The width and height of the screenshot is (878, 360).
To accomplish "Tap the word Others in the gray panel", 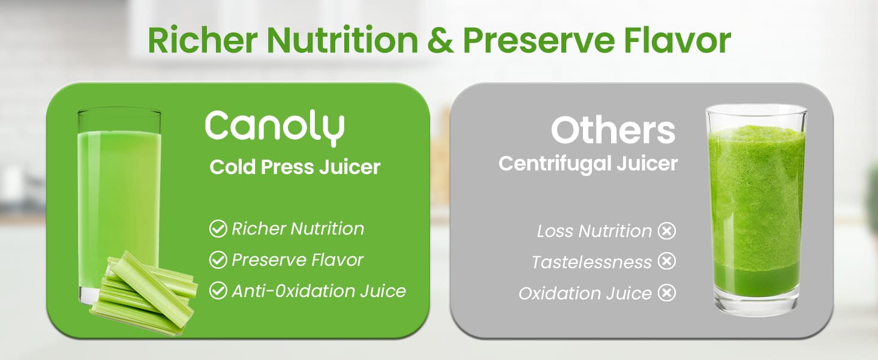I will pyautogui.click(x=613, y=130).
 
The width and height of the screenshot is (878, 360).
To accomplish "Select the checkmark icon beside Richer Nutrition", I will pyautogui.click(x=217, y=229).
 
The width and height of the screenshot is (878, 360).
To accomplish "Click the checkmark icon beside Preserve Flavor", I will pyautogui.click(x=217, y=260).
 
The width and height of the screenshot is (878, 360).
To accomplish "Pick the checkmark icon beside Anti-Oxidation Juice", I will pyautogui.click(x=217, y=291).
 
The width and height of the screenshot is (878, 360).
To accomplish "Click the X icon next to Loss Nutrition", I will pyautogui.click(x=667, y=231).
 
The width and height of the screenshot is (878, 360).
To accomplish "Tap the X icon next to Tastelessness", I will pyautogui.click(x=667, y=262).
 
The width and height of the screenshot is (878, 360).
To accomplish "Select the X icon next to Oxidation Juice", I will pyautogui.click(x=667, y=293).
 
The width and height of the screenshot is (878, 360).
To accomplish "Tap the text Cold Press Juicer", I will pyautogui.click(x=295, y=167).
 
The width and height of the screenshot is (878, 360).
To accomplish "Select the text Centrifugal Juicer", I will pyautogui.click(x=588, y=163).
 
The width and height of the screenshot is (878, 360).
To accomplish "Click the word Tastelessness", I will pyautogui.click(x=591, y=262).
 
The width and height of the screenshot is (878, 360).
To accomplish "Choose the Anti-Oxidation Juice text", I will pyautogui.click(x=318, y=291).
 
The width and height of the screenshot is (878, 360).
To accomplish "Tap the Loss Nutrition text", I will pyautogui.click(x=594, y=231).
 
